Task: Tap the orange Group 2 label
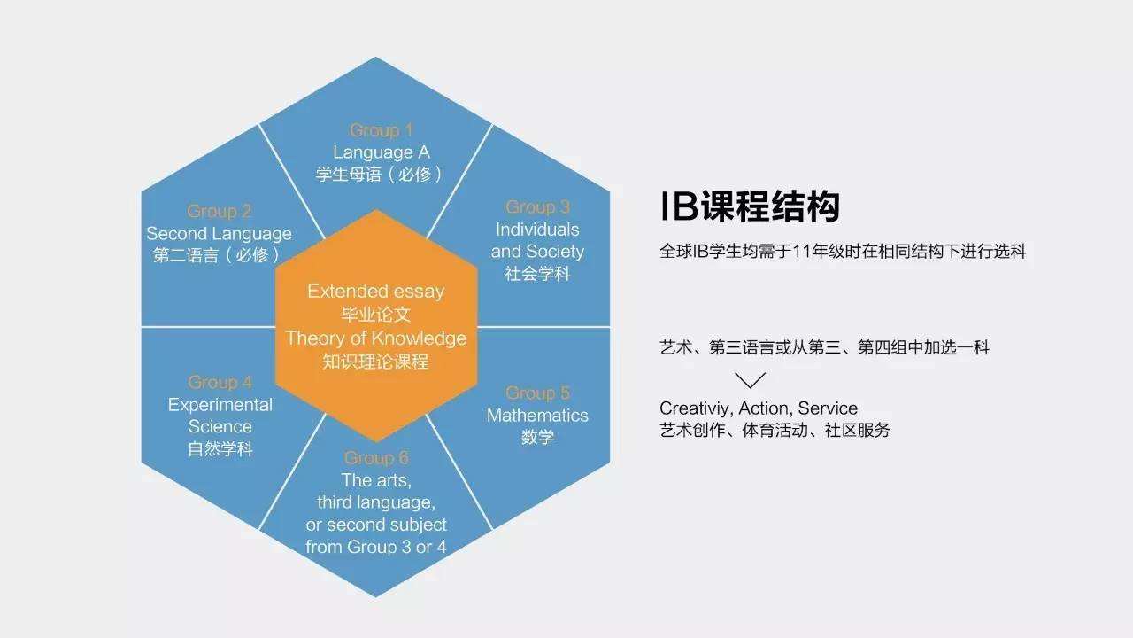(x=220, y=211)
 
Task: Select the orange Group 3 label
(x=537, y=207)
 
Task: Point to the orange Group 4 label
(x=220, y=382)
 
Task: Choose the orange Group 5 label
(x=537, y=393)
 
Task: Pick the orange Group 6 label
(x=376, y=458)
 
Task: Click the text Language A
(x=381, y=152)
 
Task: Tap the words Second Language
(x=219, y=234)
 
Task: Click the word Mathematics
(x=537, y=415)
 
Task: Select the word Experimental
(x=220, y=405)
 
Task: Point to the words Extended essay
(x=375, y=291)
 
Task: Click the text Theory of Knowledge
(x=375, y=338)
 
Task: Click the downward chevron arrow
(x=750, y=380)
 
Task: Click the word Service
(x=828, y=408)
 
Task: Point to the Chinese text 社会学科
(x=537, y=274)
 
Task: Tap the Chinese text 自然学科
(x=220, y=449)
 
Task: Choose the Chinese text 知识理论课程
(x=375, y=362)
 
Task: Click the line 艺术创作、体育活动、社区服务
(x=775, y=431)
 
